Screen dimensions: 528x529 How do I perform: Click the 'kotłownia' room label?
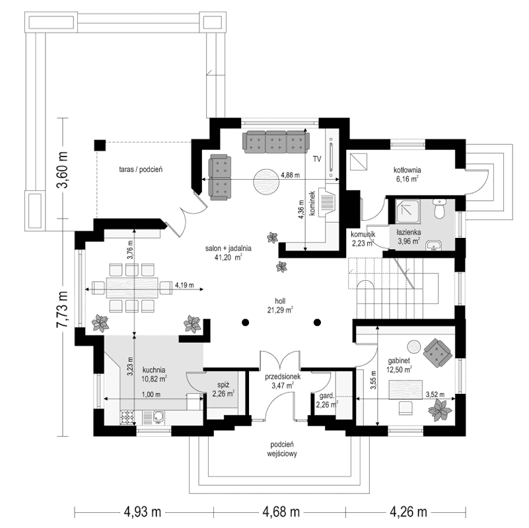click(407, 169)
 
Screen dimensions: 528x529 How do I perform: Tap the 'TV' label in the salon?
click(316, 159)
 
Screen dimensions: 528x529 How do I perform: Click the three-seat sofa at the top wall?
click(276, 141)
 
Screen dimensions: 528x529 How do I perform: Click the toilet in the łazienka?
click(439, 209)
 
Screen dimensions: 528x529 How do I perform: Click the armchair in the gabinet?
click(437, 351)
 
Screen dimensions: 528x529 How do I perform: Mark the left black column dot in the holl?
click(245, 322)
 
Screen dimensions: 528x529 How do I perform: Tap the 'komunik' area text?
click(363, 234)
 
